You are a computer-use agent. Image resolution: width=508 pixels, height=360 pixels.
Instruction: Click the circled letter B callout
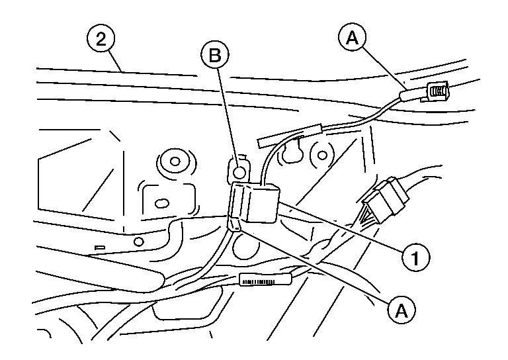point(214,56)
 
